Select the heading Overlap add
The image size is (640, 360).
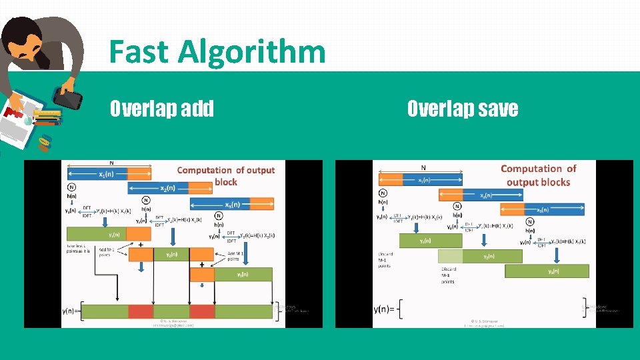tap(162, 108)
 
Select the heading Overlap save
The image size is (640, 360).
tap(462, 108)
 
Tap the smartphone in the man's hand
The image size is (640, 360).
tap(68, 99)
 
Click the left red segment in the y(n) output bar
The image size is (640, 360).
tap(141, 311)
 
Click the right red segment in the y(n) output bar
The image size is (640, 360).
tap(202, 311)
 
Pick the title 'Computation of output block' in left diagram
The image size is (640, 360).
tap(225, 176)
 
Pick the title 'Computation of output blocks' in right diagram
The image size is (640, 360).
tap(538, 175)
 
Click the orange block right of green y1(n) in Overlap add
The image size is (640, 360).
tap(139, 234)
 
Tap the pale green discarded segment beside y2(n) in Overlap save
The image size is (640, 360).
tap(450, 256)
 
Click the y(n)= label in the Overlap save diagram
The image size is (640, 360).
tap(387, 309)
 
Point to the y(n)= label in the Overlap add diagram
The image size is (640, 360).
tap(72, 311)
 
